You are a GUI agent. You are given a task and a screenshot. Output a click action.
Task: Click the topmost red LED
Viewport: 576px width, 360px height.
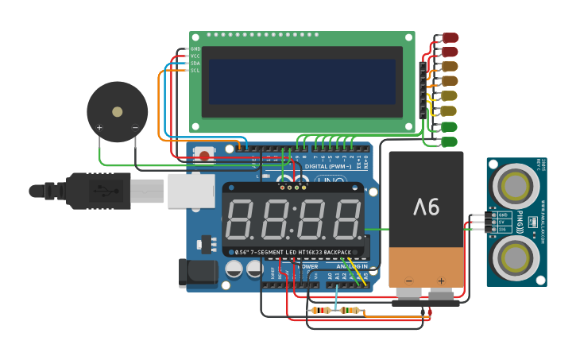[x=450, y=37]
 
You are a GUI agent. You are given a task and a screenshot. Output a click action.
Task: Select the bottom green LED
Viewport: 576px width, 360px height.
[x=449, y=141]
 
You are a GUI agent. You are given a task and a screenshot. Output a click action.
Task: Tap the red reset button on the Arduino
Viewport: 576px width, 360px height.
[x=204, y=156]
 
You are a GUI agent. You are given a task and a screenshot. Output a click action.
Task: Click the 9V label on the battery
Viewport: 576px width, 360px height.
[x=426, y=208]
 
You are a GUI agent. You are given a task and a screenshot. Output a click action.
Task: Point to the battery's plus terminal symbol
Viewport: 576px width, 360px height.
[x=441, y=281]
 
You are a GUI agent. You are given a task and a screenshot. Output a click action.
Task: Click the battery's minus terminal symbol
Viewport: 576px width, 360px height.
[x=409, y=281]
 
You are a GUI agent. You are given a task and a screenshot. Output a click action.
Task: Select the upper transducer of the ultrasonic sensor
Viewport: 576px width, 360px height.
[x=516, y=186]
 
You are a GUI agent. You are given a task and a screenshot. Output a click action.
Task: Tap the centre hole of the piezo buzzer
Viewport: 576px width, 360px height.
[x=118, y=112]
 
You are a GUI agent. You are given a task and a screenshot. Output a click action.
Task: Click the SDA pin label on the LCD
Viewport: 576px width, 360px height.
[x=195, y=64]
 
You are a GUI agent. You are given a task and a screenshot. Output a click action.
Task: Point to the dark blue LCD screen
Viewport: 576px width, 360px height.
[x=302, y=83]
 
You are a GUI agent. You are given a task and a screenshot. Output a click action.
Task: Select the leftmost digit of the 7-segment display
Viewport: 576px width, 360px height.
[x=240, y=220]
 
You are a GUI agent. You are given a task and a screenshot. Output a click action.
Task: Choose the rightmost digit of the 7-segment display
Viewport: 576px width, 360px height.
[x=347, y=220]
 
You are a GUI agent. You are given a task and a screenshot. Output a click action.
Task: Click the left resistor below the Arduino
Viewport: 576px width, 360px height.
[x=322, y=310]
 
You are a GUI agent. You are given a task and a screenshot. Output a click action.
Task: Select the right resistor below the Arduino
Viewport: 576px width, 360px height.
[x=350, y=310]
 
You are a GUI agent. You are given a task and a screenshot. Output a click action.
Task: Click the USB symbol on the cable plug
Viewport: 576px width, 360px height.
[x=101, y=191]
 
